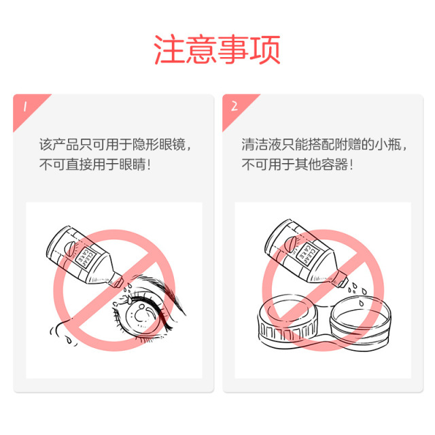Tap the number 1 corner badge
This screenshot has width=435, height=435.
(26, 107)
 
